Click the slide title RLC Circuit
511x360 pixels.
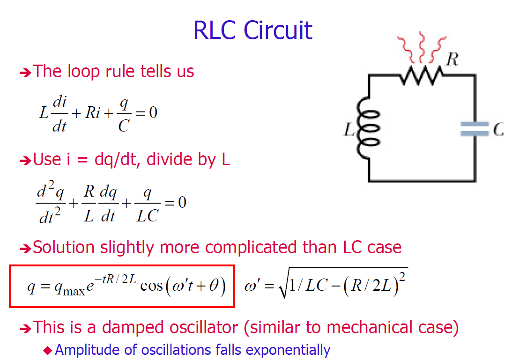252,30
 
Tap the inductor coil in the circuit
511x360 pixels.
369,129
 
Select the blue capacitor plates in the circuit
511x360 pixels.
474,129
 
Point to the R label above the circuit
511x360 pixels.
452,59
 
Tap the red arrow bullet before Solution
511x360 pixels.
25,248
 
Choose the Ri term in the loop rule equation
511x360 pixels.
93,113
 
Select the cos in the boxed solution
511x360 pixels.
151,286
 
